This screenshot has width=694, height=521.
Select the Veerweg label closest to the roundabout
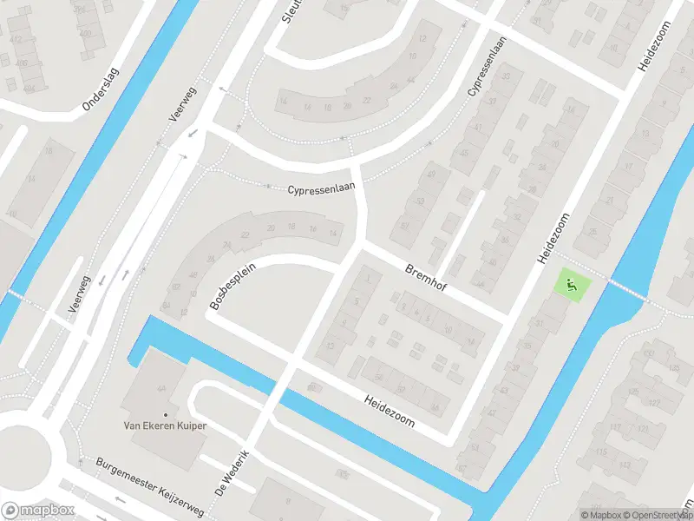[x=80, y=297]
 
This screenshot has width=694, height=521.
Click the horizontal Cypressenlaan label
[x=322, y=188]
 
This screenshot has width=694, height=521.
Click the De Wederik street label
[x=237, y=472]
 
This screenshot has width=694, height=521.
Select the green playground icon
[x=571, y=283]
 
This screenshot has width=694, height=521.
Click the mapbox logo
[x=38, y=511]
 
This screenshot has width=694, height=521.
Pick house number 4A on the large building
[x=161, y=388]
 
